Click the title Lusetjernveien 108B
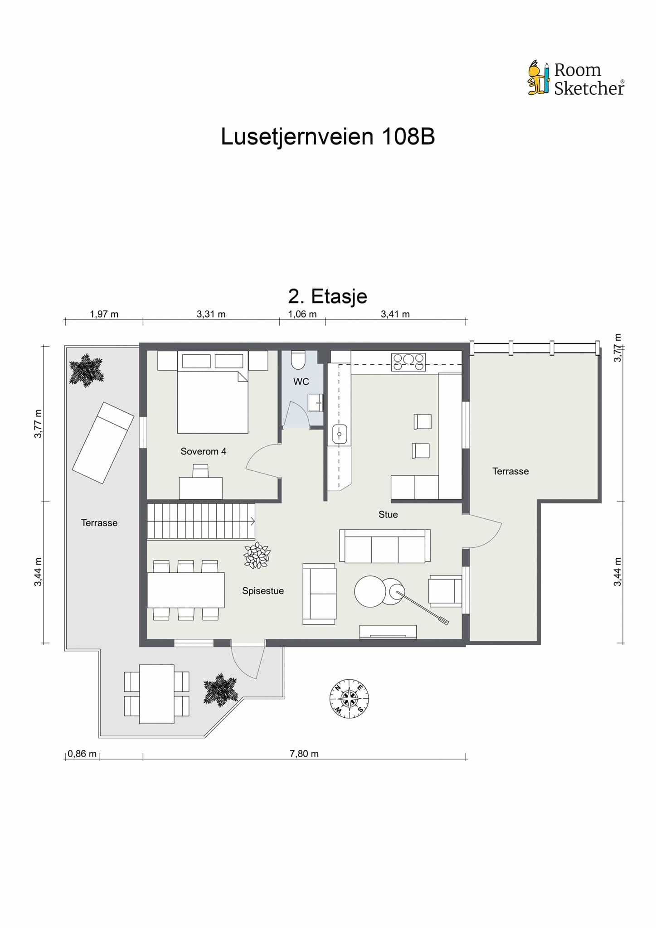[328, 136]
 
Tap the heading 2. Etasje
[328, 297]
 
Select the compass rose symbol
[349, 698]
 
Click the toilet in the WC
[298, 359]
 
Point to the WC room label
[301, 382]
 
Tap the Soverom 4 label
[203, 451]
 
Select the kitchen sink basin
[340, 434]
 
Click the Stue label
[388, 514]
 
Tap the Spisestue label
[263, 591]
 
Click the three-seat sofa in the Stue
[385, 546]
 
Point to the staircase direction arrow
[252, 522]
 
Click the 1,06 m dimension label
[302, 314]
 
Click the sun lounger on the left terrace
[103, 443]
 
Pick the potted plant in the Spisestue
[257, 556]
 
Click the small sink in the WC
[316, 402]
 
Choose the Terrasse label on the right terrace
[510, 471]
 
